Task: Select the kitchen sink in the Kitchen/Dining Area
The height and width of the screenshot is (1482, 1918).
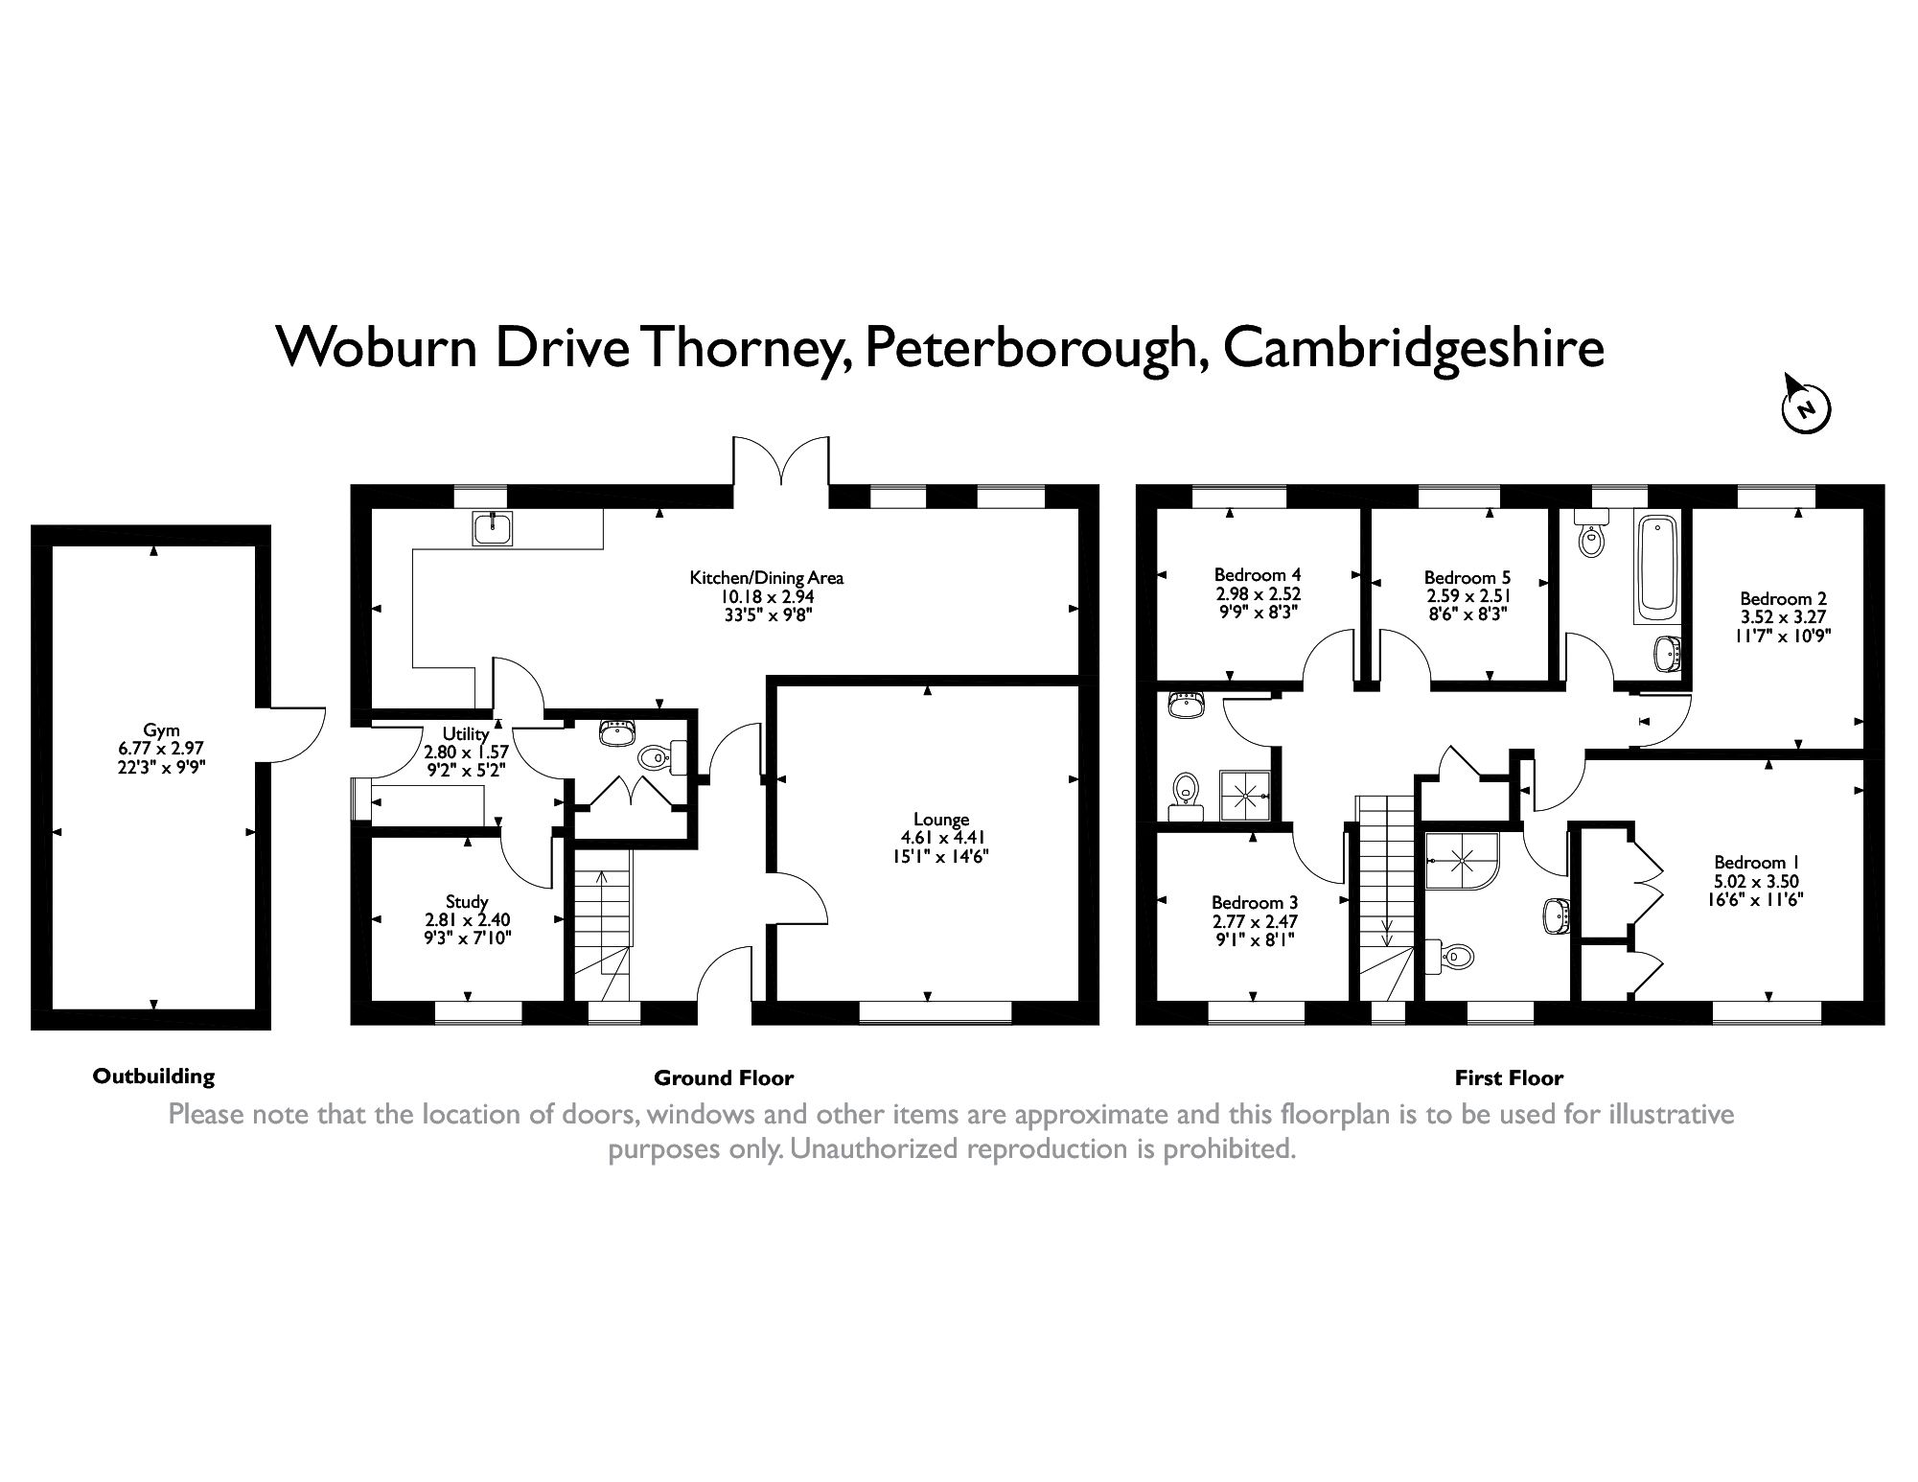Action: click(493, 528)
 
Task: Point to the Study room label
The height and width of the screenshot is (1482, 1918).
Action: click(467, 901)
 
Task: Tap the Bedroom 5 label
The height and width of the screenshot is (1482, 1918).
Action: click(1467, 577)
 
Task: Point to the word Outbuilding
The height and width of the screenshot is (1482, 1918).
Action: click(153, 1076)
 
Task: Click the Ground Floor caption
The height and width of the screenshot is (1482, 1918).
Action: click(724, 1077)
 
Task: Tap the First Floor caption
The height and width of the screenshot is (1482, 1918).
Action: click(1509, 1077)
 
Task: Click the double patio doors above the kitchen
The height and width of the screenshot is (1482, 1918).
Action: click(781, 462)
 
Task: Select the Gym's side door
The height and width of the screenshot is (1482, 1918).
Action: click(295, 733)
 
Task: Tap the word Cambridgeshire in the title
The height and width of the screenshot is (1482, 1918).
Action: click(1414, 347)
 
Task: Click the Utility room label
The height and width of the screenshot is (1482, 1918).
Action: click(466, 734)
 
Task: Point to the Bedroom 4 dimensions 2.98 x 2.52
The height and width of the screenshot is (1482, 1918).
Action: click(1258, 593)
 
